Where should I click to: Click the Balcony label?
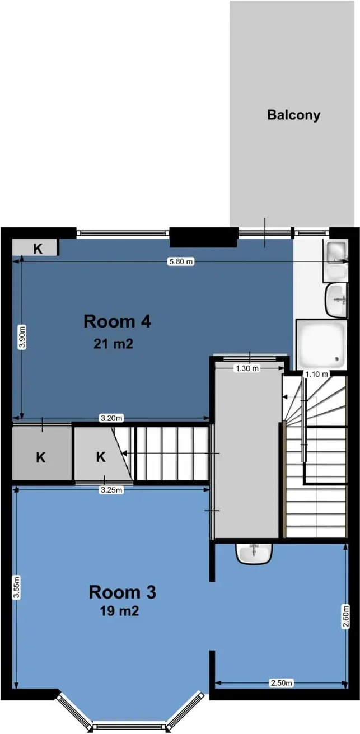point(293,115)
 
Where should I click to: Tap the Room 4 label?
point(117,321)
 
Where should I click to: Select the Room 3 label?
point(122,592)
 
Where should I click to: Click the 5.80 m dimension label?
point(181,261)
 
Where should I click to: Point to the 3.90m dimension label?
point(22,337)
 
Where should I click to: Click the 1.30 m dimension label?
point(247,368)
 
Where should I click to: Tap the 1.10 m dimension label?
point(316,374)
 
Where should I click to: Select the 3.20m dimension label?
point(111,418)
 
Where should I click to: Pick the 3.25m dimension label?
point(111,490)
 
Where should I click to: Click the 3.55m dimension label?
point(16,587)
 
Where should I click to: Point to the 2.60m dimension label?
point(345,616)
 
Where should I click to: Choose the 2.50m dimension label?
point(281,683)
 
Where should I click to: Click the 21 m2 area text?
point(113,344)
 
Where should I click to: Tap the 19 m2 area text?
point(119,611)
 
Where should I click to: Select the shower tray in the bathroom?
point(321,344)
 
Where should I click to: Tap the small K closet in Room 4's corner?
point(35,247)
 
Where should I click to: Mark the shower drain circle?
point(338,359)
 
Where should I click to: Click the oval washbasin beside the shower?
point(336,301)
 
